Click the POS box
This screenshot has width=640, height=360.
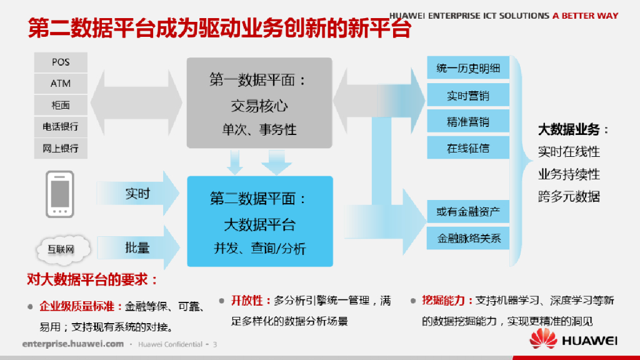61,62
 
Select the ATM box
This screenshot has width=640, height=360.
61,84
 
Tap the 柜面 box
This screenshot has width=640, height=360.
61,105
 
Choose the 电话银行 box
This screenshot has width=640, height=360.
61,126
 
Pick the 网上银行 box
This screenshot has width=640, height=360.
61,148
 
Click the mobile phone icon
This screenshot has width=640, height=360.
60,194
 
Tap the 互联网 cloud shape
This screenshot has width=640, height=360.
61,249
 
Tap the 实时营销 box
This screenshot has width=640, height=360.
468,96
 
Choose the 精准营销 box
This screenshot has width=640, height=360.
468,122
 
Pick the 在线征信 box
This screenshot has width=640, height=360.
468,148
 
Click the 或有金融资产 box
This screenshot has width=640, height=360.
468,212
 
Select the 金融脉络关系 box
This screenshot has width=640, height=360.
468,238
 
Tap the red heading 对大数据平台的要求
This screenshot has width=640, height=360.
92,279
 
